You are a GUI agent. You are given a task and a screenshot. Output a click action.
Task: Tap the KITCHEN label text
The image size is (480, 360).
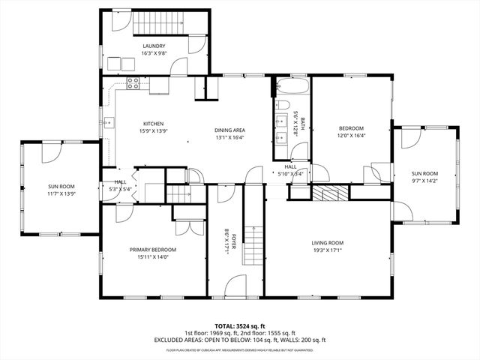click(154, 124)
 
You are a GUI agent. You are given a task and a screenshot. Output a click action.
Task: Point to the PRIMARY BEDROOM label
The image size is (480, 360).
click(152, 250)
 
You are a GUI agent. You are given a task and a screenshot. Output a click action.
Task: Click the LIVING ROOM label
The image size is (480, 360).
click(327, 243)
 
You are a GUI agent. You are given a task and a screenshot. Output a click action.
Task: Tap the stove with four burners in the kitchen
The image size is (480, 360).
click(133, 84)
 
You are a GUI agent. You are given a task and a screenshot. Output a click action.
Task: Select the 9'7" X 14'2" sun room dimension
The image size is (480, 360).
click(424, 181)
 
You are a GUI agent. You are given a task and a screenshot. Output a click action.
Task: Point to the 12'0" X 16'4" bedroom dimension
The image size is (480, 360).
click(350, 136)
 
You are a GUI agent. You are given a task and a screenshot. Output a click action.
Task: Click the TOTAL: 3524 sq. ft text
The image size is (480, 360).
click(240, 326)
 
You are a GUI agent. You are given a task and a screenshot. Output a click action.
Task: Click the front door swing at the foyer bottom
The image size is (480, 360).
click(235, 286)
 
